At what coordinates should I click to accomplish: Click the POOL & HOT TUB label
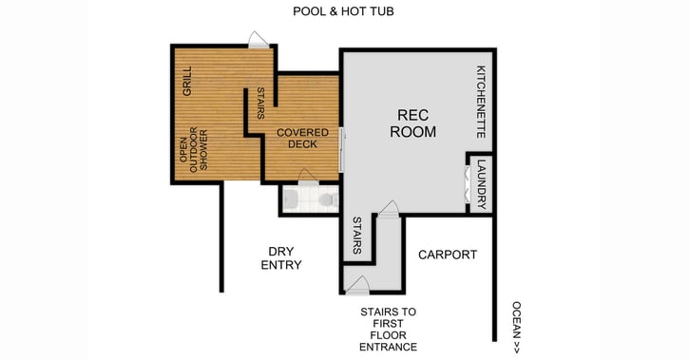click(x=343, y=11)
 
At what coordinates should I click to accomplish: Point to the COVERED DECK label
click(x=302, y=138)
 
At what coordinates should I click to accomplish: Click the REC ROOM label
click(x=413, y=123)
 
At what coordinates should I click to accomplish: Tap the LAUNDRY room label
click(x=482, y=182)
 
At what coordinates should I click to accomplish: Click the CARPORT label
click(x=447, y=255)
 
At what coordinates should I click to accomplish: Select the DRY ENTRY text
click(x=280, y=258)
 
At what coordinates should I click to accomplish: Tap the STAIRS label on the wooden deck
click(x=260, y=104)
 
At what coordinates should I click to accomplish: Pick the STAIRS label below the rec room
click(x=356, y=235)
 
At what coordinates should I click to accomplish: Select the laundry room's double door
click(x=467, y=181)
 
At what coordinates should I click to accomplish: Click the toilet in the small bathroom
click(x=326, y=199)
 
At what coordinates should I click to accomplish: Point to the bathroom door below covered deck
click(x=306, y=177)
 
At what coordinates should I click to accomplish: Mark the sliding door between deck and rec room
click(x=342, y=147)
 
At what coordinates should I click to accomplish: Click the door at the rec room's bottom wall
click(x=388, y=208)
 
